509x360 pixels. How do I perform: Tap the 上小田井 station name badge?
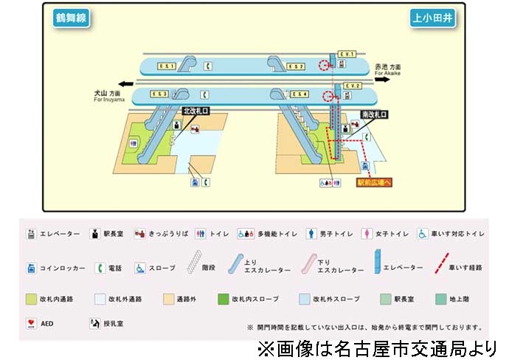tap(433, 18)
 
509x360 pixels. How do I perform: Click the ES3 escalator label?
tap(159, 94)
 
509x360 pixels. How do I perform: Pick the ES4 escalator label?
tap(299, 94)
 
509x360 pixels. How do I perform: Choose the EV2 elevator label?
tap(352, 86)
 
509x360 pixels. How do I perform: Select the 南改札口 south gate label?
tap(374, 115)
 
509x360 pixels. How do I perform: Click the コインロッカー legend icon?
tap(31, 268)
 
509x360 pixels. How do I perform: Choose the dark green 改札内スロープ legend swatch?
tap(223, 300)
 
